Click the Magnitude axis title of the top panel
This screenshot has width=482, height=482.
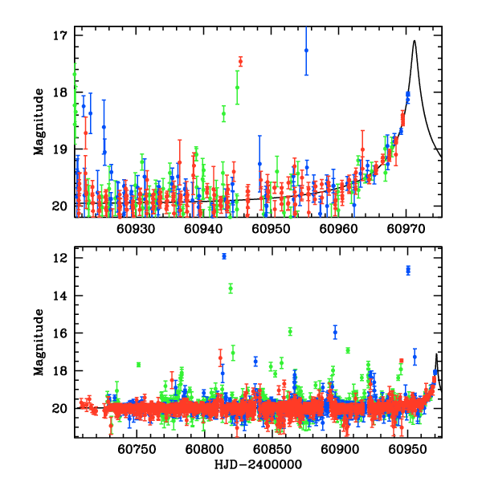(x=39, y=122)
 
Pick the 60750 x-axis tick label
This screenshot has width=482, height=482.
(x=136, y=451)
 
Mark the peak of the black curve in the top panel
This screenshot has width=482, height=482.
(x=415, y=41)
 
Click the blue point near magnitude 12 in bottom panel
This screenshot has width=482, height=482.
(x=224, y=256)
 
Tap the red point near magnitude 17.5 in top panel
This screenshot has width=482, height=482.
(x=240, y=61)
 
